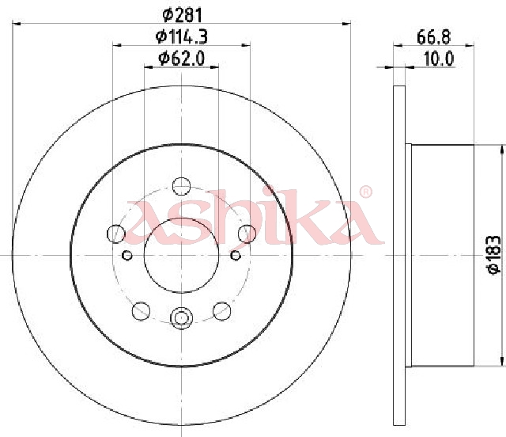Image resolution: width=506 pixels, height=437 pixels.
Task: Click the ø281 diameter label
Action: pos(183,15)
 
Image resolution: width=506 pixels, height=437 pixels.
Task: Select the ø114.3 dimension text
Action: pos(182,36)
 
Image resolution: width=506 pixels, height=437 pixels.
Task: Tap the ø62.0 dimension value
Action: pos(182,59)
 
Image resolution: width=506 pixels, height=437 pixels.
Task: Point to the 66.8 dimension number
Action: pos(433,37)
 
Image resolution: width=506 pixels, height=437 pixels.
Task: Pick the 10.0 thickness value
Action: pos(439,59)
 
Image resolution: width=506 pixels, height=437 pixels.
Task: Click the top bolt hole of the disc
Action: pos(181,186)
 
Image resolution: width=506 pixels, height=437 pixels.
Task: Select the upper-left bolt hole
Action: pos(116,234)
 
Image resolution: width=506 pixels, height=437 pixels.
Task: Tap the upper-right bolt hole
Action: pos(247,234)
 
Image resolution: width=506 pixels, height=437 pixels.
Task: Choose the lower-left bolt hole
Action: pos(141,311)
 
